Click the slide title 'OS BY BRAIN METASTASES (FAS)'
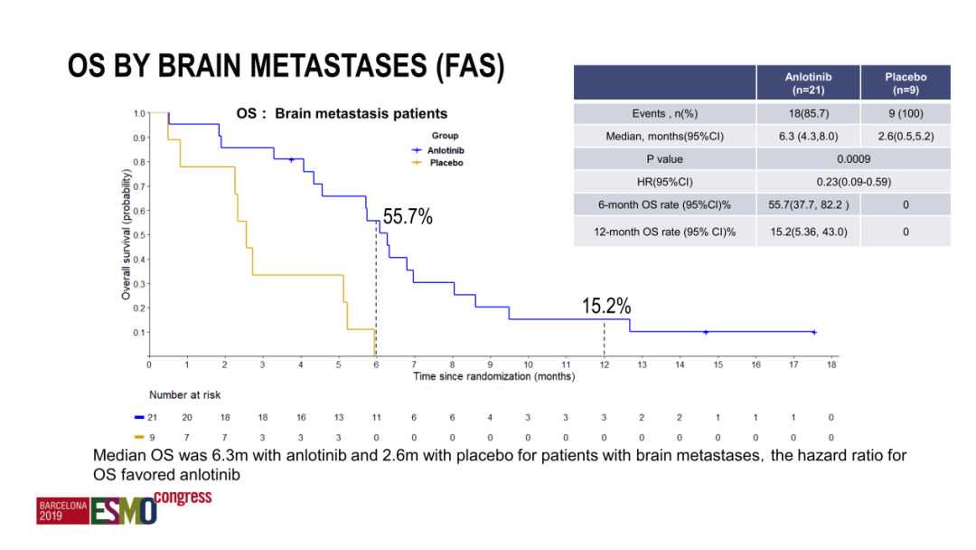pyautogui.click(x=286, y=69)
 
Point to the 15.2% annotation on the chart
pyautogui.click(x=605, y=307)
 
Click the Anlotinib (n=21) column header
pyautogui.click(x=808, y=83)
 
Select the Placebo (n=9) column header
pyautogui.click(x=906, y=83)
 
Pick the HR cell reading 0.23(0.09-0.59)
pyautogui.click(x=853, y=182)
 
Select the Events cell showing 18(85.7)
pyautogui.click(x=808, y=114)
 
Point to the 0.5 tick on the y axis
pyautogui.click(x=139, y=235)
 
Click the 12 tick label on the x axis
pyautogui.click(x=604, y=365)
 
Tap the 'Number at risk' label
pyautogui.click(x=184, y=394)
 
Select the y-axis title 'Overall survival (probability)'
pyautogui.click(x=127, y=234)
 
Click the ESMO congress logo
pyautogui.click(x=125, y=507)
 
